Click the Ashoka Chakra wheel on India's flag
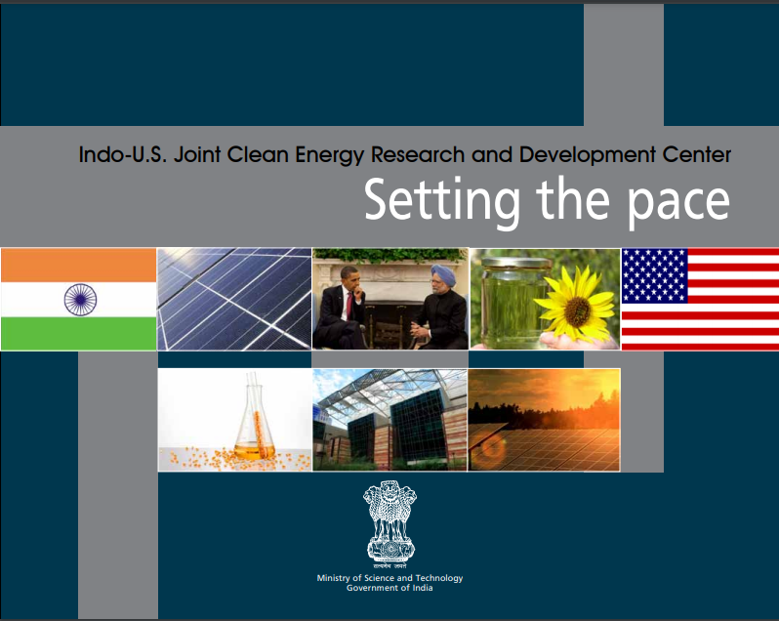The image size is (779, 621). click(80, 300)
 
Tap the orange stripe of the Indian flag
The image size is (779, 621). click(78, 266)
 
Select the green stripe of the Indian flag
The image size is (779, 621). click(78, 333)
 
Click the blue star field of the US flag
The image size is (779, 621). click(655, 275)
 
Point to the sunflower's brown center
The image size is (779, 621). click(577, 311)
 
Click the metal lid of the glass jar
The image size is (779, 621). click(516, 263)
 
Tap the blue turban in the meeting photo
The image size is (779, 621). click(443, 273)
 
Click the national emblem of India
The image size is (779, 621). click(390, 521)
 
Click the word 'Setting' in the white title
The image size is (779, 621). click(442, 201)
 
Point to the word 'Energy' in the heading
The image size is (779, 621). click(329, 155)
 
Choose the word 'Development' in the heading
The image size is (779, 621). click(588, 155)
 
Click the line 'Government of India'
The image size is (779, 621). click(389, 588)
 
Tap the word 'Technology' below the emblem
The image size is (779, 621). click(439, 578)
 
